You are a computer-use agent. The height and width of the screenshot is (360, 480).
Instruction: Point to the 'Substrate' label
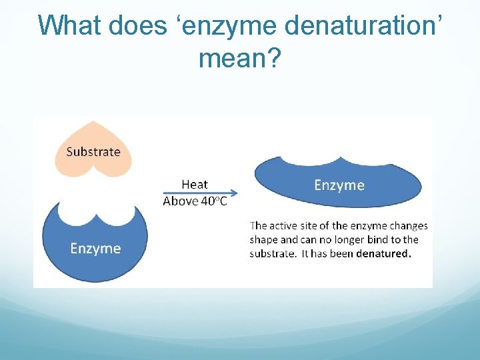(93, 151)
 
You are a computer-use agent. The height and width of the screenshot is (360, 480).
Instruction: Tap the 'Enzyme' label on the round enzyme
(95, 249)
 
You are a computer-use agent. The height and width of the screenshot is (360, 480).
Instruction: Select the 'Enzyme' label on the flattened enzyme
(339, 185)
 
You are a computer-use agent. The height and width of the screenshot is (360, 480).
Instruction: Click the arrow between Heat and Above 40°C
(200, 193)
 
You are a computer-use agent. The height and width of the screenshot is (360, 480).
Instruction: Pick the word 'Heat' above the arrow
(195, 184)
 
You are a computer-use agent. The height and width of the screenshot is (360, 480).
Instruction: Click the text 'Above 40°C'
(195, 201)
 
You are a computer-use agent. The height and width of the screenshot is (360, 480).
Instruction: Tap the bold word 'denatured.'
(383, 253)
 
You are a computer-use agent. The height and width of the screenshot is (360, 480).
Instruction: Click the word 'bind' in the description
(369, 239)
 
